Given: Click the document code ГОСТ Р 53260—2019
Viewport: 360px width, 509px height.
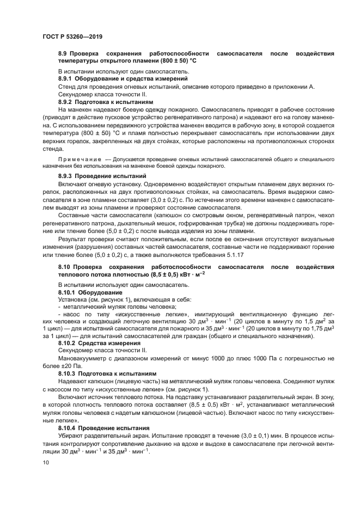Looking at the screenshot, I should coord(72,36).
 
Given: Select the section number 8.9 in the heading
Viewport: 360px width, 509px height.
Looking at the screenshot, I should coord(63,54).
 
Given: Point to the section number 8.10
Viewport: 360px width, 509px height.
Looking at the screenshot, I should coord(65,267).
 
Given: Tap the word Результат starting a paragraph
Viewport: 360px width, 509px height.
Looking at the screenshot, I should coord(73,238).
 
